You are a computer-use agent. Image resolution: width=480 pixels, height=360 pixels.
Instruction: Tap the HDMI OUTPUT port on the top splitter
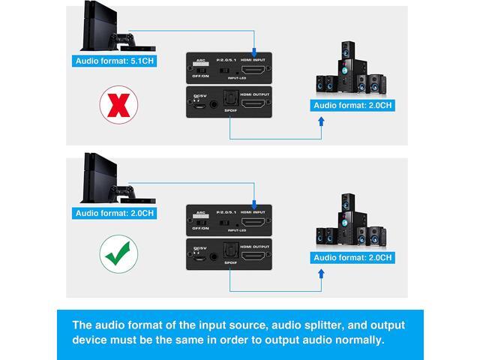tap(256, 103)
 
